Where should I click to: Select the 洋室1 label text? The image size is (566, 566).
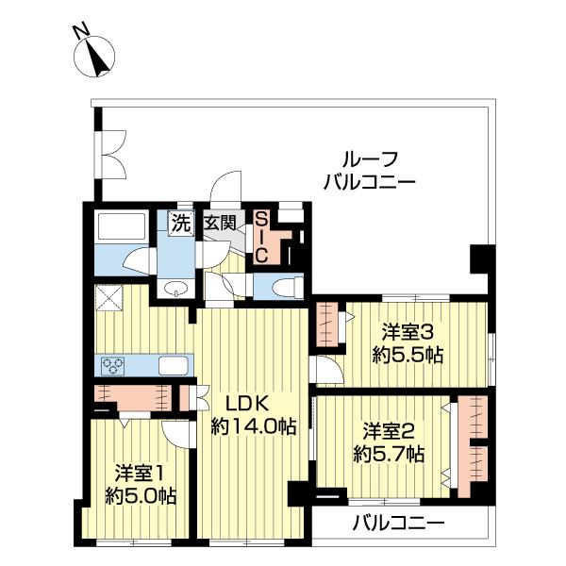pyautogui.click(x=141, y=473)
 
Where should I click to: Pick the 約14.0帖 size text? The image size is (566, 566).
pyautogui.click(x=252, y=427)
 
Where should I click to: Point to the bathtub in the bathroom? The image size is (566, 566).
pyautogui.click(x=120, y=228)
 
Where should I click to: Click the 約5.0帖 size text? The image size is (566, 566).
pyautogui.click(x=141, y=496)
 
